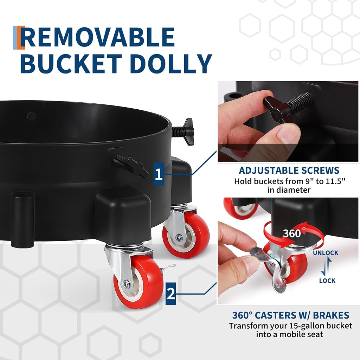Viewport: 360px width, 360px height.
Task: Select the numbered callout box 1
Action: (x=159, y=174)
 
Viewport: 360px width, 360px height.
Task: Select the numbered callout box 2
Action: (x=171, y=294)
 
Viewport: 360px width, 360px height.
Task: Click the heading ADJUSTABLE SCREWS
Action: (x=289, y=171)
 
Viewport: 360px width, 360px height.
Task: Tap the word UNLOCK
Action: (x=326, y=253)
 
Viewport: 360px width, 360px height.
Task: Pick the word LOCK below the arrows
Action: (x=327, y=281)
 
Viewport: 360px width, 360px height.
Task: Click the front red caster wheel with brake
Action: (x=138, y=282)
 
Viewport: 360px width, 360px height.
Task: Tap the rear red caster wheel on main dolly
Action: (x=186, y=235)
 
